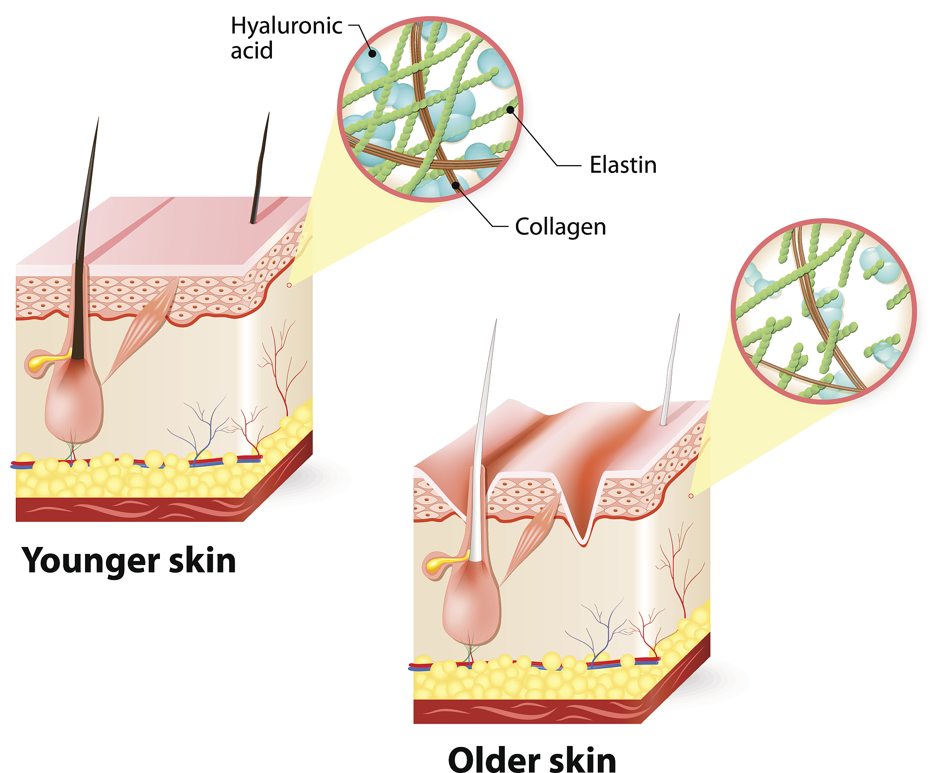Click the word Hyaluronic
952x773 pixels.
pyautogui.click(x=286, y=26)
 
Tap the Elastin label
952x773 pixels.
pyautogui.click(x=623, y=165)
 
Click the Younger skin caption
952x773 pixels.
pyautogui.click(x=129, y=561)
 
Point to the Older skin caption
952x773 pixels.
pyautogui.click(x=532, y=759)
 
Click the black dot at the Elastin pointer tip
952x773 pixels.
pyautogui.click(x=510, y=110)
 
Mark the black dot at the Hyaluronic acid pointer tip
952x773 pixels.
pyautogui.click(x=372, y=53)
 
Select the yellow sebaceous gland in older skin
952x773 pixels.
pyautogui.click(x=444, y=563)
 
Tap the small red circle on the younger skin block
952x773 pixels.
pyautogui.click(x=289, y=285)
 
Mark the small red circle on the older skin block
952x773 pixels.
pyautogui.click(x=691, y=496)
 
